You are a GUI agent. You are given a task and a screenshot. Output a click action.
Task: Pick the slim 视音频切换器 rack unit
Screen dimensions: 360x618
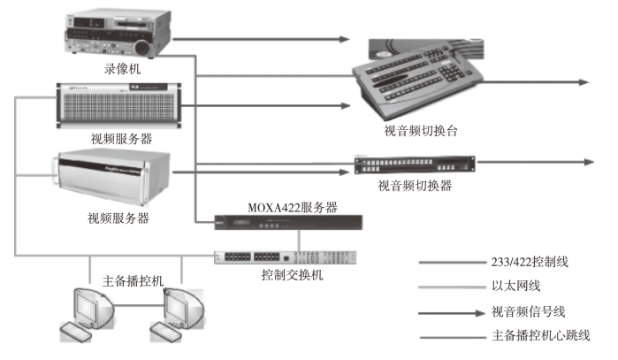point(414,165)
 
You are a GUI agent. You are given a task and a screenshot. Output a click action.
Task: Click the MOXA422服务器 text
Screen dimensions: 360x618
point(292,207)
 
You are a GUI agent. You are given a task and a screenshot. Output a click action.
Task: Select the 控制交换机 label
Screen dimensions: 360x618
point(293,274)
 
